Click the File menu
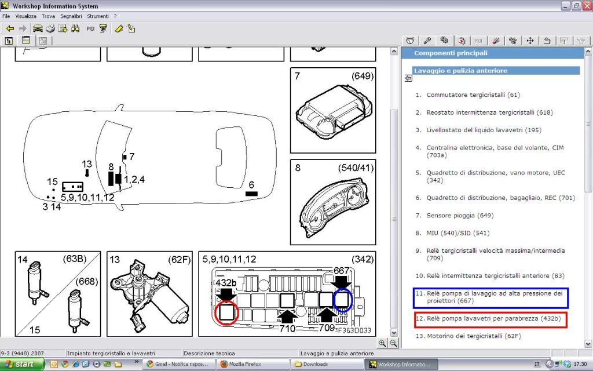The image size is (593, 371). [x=6, y=16]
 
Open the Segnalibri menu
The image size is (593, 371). [x=71, y=16]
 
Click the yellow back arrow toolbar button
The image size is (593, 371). [x=10, y=28]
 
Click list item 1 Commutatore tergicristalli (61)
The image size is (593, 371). [x=468, y=95]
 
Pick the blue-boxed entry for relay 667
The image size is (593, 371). [x=491, y=297]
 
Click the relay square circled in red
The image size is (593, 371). [x=226, y=312]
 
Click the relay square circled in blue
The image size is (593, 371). [x=342, y=300]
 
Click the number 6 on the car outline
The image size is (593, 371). [x=251, y=185]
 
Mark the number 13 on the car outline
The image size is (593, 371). [x=87, y=164]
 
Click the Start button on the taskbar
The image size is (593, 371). [x=23, y=364]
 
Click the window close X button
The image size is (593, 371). [x=586, y=6]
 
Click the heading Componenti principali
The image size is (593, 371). [x=451, y=53]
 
